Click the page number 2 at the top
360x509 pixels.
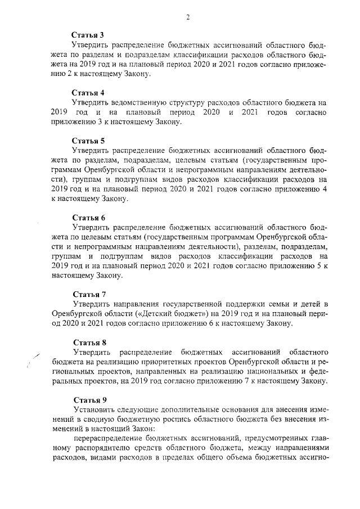[188, 17]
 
